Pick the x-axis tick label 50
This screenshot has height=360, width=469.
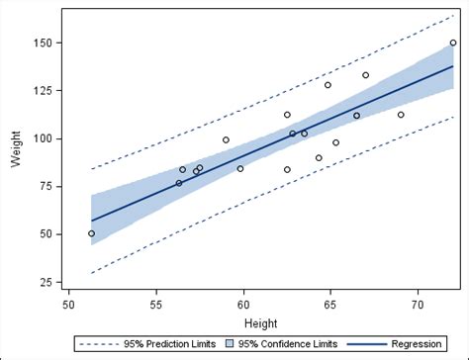coord(68,305)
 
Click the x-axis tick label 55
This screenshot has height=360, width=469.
coord(155,305)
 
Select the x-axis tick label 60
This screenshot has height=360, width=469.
coord(243,305)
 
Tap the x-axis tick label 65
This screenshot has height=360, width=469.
coord(330,305)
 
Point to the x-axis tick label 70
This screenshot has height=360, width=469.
coord(418,305)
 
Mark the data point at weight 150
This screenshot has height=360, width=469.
coord(453,43)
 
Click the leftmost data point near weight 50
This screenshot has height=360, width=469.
coord(92,233)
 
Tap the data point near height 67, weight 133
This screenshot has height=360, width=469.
coord(366,75)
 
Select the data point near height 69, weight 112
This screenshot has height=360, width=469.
coord(401,115)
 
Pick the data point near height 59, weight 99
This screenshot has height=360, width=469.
coord(226,140)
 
